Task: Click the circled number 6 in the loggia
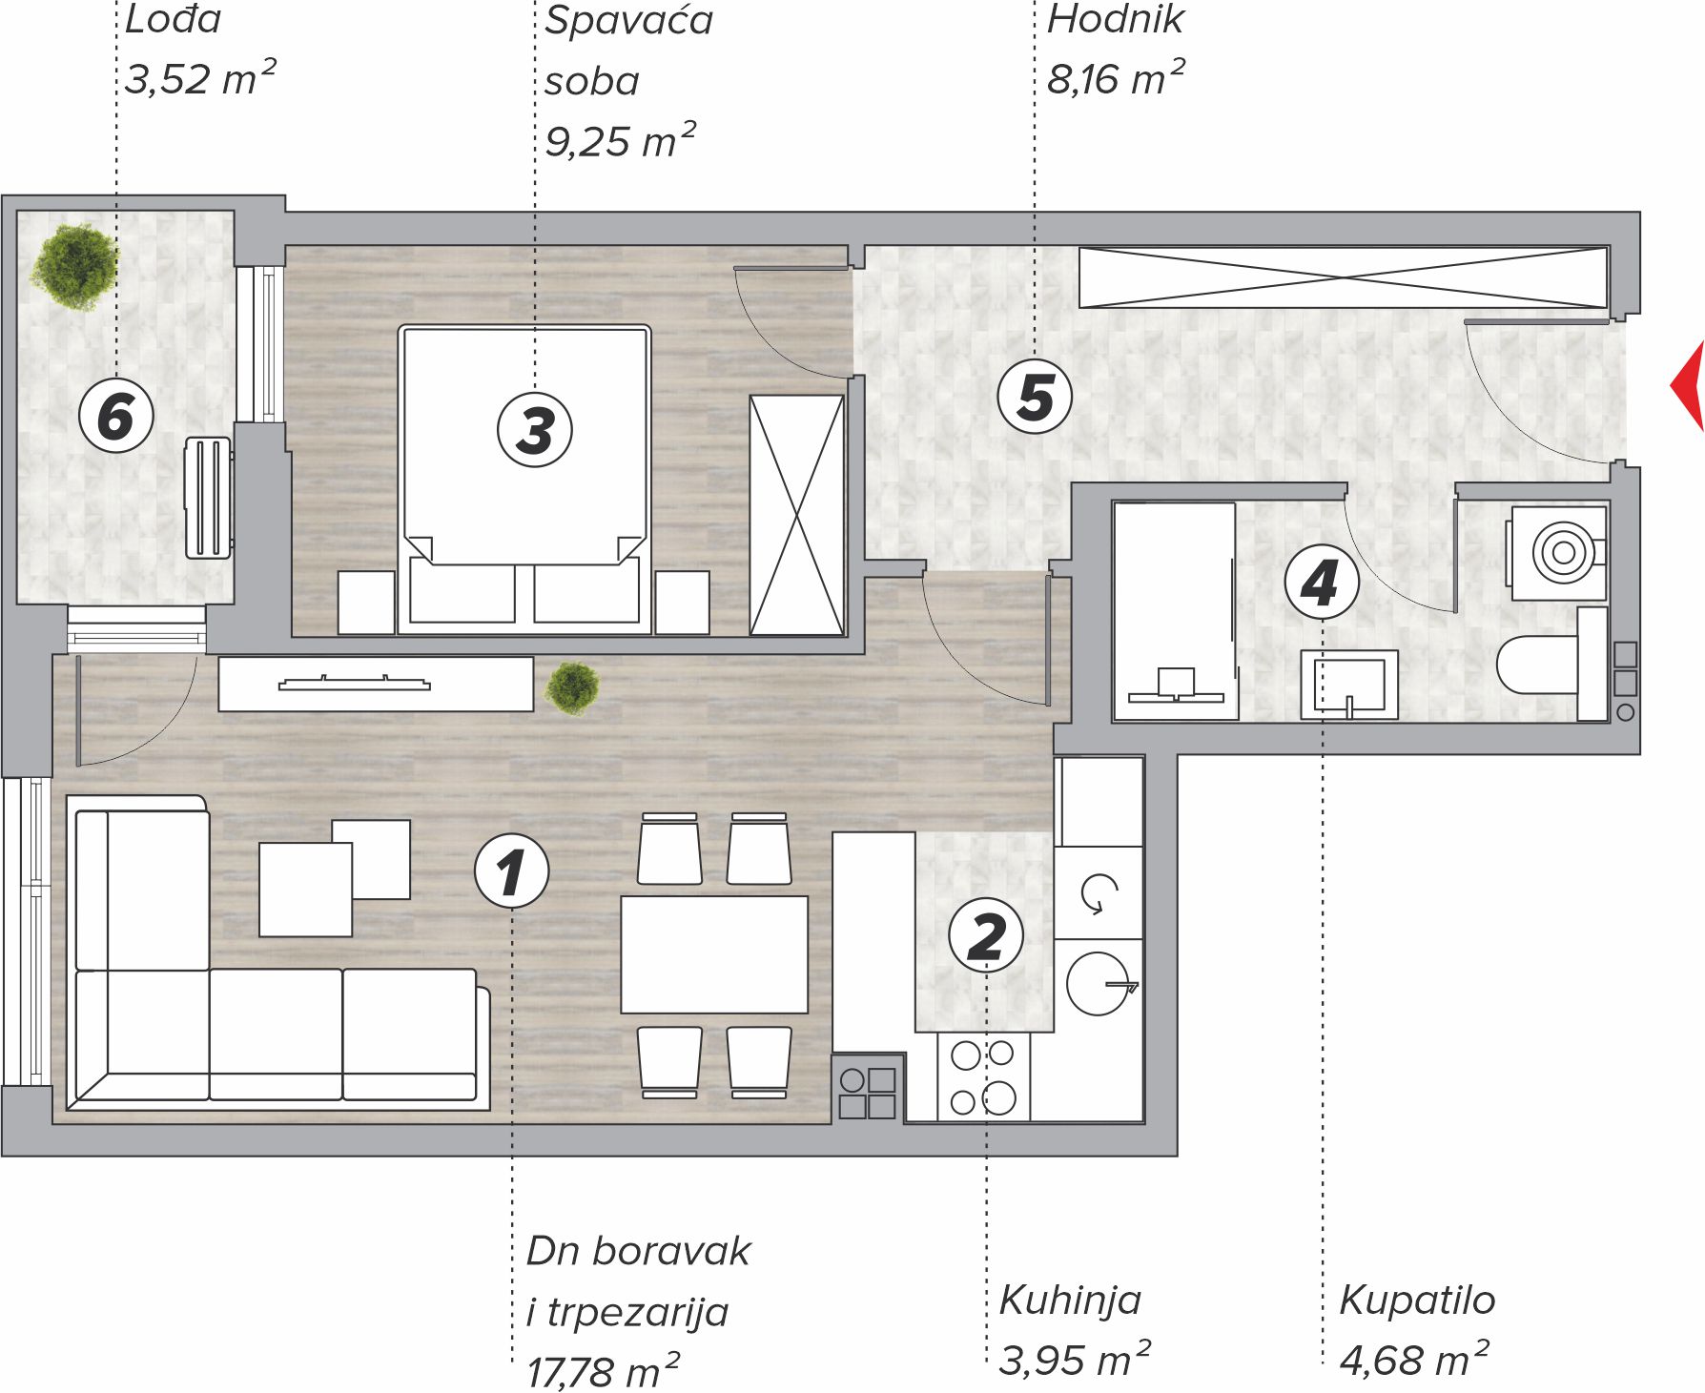(115, 417)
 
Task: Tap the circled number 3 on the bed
(535, 429)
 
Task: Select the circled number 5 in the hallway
(1035, 397)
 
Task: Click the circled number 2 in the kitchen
(986, 935)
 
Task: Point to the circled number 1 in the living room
(511, 871)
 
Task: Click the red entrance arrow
(1688, 385)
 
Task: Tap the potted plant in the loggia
(74, 266)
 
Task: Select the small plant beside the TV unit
(572, 687)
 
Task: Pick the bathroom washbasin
(1349, 685)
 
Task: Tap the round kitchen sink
(1098, 983)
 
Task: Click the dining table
(714, 954)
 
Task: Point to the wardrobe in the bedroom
(797, 515)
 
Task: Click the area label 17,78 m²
(604, 1370)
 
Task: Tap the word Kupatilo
(1417, 1300)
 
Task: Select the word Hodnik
(1115, 19)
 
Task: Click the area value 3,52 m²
(200, 78)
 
